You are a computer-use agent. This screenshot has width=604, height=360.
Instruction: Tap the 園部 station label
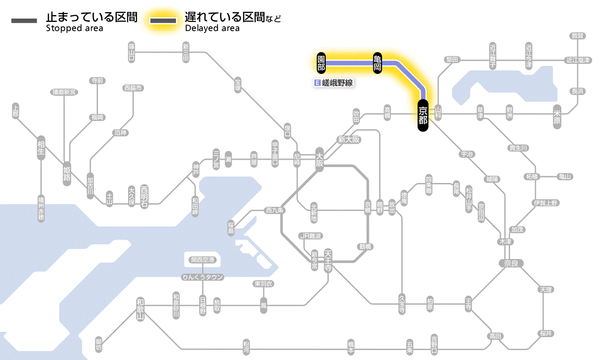(321, 63)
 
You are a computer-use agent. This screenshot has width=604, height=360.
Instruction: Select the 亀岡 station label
(377, 63)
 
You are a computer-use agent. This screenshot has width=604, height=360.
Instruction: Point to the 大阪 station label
(319, 161)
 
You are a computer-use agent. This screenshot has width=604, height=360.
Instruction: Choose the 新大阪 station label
(349, 140)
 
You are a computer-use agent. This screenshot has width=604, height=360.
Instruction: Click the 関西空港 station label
(202, 260)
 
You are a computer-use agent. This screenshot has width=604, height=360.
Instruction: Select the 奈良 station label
(510, 263)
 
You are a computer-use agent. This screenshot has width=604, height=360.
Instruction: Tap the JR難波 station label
(311, 236)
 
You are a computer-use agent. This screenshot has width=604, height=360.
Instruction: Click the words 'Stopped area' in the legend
(74, 28)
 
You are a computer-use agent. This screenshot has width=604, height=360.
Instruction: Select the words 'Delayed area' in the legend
(212, 28)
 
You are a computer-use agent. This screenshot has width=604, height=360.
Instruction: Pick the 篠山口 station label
(132, 52)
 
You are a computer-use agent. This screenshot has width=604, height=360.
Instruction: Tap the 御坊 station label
(99, 345)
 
